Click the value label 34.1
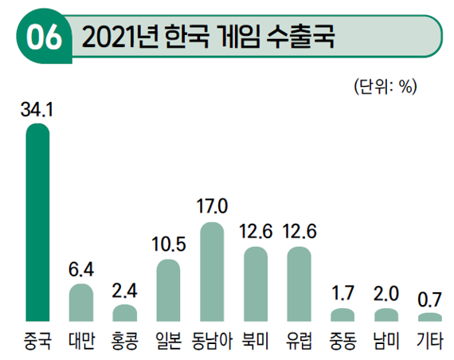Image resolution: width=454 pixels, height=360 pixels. (37, 109)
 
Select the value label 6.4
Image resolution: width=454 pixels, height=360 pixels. (81, 270)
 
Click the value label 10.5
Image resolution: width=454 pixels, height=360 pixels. (168, 245)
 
